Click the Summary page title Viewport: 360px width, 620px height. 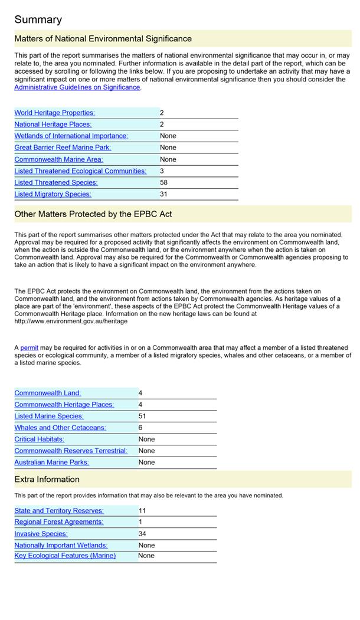click(x=38, y=19)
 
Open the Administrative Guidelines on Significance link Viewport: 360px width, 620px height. click(x=77, y=87)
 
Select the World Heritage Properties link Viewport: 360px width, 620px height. click(x=54, y=113)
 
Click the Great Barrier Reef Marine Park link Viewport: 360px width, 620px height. click(x=63, y=147)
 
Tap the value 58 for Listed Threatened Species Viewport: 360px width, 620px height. click(x=164, y=183)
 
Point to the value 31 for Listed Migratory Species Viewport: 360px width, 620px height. click(x=164, y=194)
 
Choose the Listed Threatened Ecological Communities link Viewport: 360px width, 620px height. click(x=80, y=171)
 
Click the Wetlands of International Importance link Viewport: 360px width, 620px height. click(x=71, y=136)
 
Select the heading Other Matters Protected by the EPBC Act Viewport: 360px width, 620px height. click(x=93, y=214)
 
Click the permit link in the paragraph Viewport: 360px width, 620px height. click(x=29, y=348)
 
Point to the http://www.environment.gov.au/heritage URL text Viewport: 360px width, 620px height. click(x=71, y=322)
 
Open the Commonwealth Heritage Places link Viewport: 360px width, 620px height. click(x=64, y=405)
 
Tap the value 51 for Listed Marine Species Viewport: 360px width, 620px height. click(x=142, y=416)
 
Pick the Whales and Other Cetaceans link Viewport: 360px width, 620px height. click(x=60, y=428)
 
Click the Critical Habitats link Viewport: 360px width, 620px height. click(x=39, y=439)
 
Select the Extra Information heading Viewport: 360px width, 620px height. click(x=47, y=480)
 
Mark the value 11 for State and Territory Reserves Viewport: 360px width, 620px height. click(x=142, y=511)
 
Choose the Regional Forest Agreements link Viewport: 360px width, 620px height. click(x=58, y=522)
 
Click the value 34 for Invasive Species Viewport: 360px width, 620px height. click(x=142, y=534)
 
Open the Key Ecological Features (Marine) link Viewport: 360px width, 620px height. click(x=65, y=556)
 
